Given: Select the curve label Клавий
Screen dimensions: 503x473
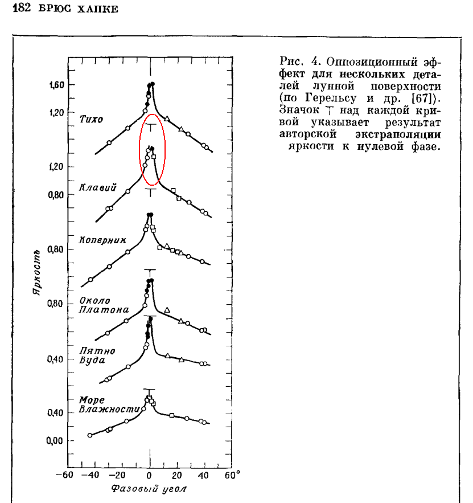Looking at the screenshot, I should click(98, 186).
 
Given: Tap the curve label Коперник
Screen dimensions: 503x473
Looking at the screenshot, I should click(102, 240).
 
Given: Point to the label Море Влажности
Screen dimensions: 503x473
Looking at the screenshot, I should click(109, 404).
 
